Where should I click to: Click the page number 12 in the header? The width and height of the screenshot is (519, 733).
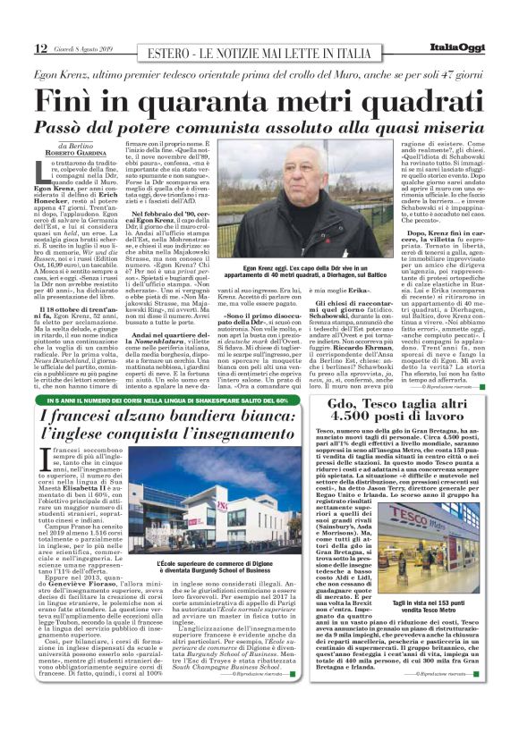pos(41,48)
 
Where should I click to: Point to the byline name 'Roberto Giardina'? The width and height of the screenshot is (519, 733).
pos(82,153)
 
